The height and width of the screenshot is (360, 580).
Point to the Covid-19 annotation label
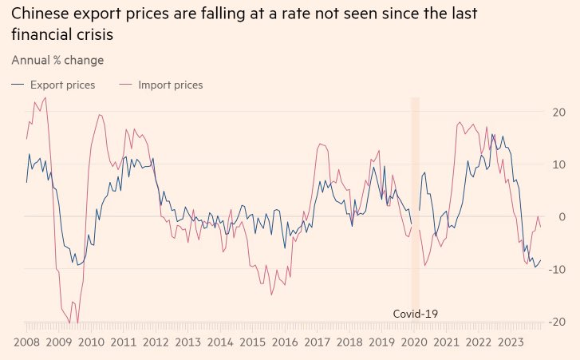416,314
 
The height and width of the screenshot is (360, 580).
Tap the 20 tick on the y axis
558,112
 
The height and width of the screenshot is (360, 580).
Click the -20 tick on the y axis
556,321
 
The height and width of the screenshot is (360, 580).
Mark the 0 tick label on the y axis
561,216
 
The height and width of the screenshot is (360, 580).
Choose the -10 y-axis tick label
556,269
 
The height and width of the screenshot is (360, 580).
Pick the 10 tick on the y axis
558,164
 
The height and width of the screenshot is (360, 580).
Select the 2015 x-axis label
252,342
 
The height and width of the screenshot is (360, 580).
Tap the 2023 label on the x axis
511,342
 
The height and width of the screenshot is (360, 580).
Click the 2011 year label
123,342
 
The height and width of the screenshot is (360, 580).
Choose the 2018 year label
349,342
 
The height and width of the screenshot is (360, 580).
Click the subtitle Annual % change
57,60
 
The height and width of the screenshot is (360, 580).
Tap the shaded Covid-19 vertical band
415,208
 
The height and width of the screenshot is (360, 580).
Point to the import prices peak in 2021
460,122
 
